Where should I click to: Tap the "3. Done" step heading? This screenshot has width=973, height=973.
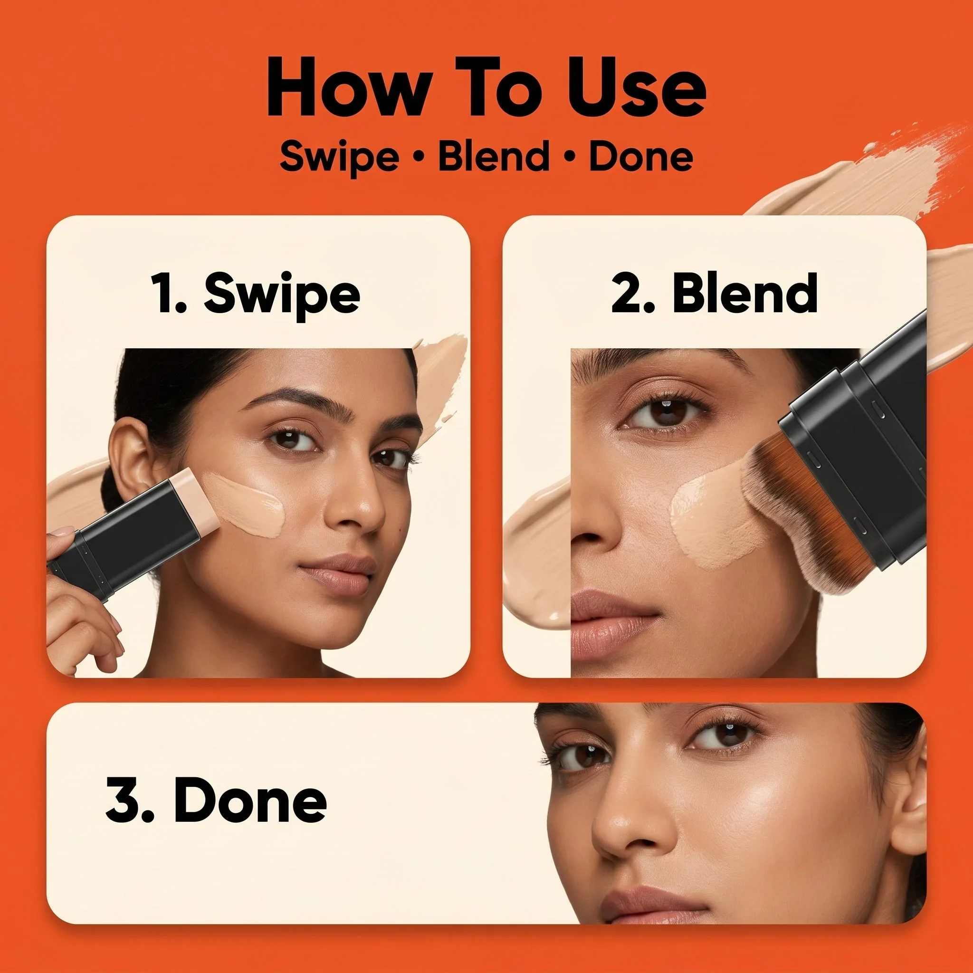216,801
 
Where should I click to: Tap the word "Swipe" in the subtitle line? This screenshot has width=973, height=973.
339,157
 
